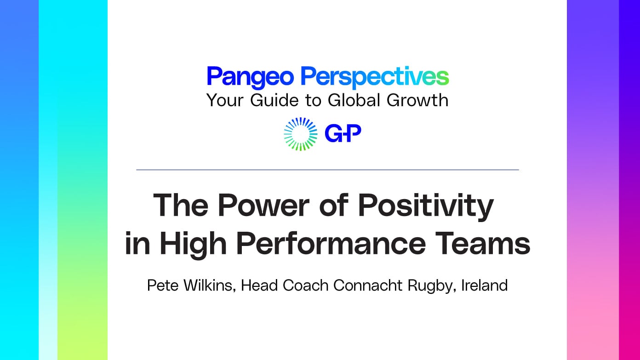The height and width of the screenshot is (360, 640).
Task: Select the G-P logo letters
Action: click(x=343, y=133)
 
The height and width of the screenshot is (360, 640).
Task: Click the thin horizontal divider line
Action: click(x=327, y=170)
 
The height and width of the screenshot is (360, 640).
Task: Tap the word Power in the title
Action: click(x=263, y=205)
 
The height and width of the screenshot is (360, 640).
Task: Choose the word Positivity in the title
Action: click(x=426, y=207)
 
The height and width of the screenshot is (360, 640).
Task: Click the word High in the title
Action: click(x=193, y=244)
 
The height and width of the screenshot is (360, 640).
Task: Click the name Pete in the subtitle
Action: click(x=163, y=286)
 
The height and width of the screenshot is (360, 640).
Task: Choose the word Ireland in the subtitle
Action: click(x=485, y=286)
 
